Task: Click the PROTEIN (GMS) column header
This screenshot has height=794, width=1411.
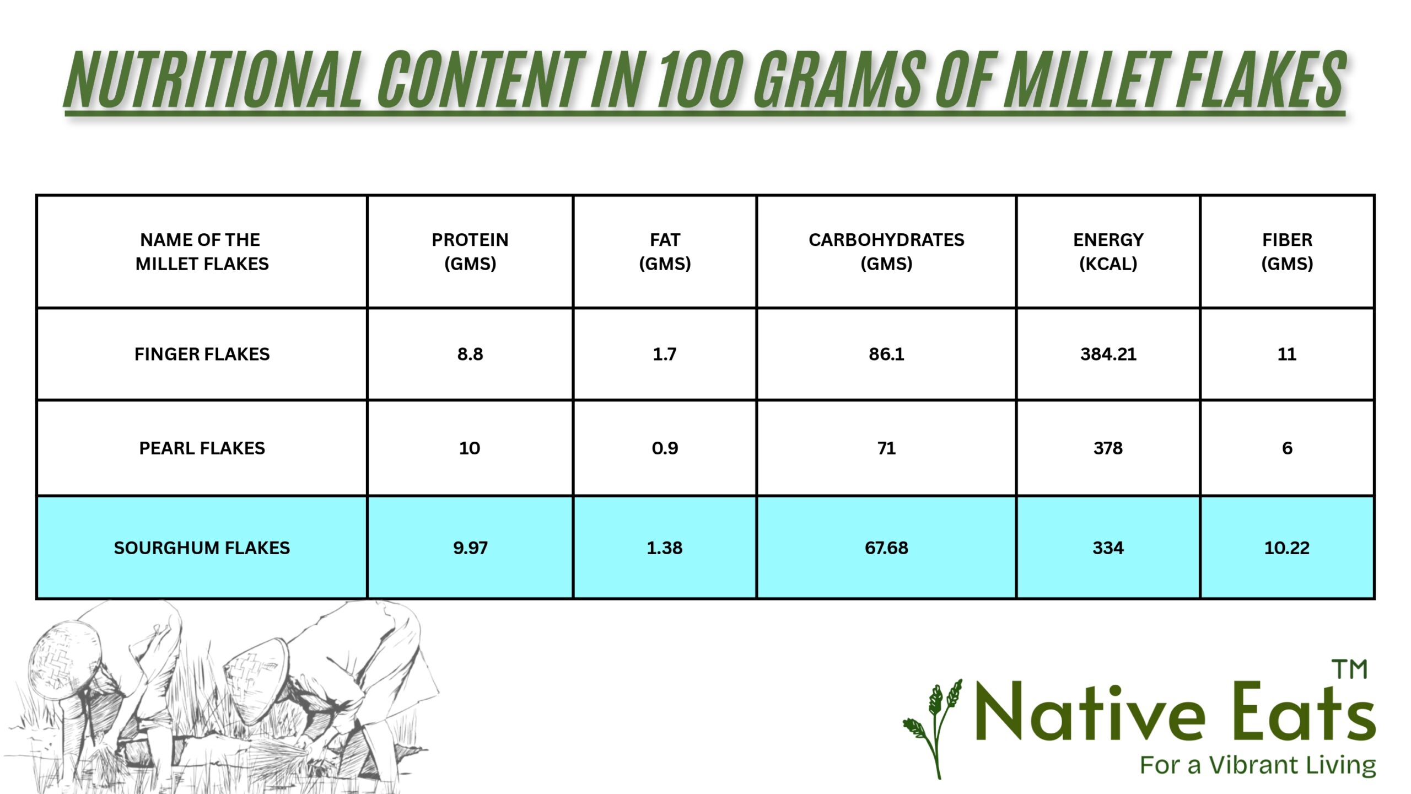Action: tap(470, 251)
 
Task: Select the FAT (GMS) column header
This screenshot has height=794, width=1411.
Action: tap(665, 251)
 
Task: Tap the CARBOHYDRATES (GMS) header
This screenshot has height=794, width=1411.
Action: tap(886, 251)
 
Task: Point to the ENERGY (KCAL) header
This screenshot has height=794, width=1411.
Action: tap(1108, 251)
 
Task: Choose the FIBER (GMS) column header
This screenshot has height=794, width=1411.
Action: tap(1287, 251)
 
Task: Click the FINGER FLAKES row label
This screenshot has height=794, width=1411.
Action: tap(202, 354)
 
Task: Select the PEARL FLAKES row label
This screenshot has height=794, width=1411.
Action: tap(202, 448)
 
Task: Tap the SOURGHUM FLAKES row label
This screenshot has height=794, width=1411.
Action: tap(202, 548)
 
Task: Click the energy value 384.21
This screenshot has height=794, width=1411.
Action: tap(1108, 354)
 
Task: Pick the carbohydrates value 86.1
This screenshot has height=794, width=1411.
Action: tap(886, 354)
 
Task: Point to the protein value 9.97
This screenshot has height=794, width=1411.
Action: tap(470, 548)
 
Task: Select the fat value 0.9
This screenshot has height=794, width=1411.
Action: tap(665, 448)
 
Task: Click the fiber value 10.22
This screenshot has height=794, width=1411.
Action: tap(1287, 548)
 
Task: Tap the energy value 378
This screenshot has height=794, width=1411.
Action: tap(1108, 448)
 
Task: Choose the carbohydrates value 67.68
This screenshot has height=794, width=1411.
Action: tap(886, 548)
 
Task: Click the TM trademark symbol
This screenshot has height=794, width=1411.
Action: tap(1350, 669)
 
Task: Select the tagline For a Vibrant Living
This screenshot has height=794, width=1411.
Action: tap(1258, 766)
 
